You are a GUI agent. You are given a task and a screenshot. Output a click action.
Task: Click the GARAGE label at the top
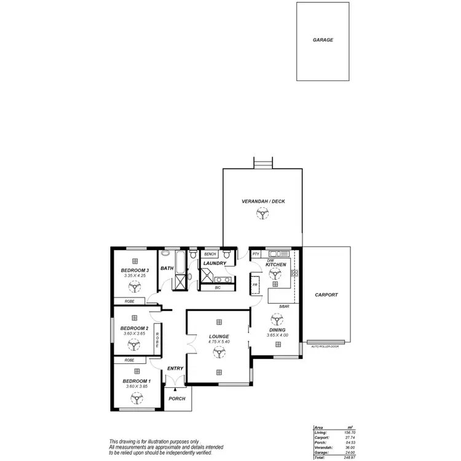(323, 40)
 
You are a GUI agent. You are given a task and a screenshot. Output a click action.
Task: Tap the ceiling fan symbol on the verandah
(262, 214)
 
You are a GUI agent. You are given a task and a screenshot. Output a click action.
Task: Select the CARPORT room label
(326, 295)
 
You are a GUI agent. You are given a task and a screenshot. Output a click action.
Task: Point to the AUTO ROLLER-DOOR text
(325, 346)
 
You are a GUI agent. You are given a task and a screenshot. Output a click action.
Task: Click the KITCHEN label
(276, 264)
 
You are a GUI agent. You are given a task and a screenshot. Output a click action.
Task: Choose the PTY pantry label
(256, 254)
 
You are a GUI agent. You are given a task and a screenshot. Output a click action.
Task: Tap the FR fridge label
(254, 285)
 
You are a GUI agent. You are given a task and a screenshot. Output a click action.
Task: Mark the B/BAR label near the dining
(283, 306)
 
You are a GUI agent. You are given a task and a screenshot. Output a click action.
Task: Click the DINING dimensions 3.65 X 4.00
(277, 335)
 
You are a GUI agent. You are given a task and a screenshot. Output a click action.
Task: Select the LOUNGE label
(219, 336)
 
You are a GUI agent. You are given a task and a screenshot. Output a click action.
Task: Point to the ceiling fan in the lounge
(218, 352)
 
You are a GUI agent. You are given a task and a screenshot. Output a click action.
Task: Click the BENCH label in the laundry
(210, 254)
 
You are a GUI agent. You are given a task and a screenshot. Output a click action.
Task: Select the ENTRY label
(175, 368)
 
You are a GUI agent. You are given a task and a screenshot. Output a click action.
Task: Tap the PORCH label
(177, 398)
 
